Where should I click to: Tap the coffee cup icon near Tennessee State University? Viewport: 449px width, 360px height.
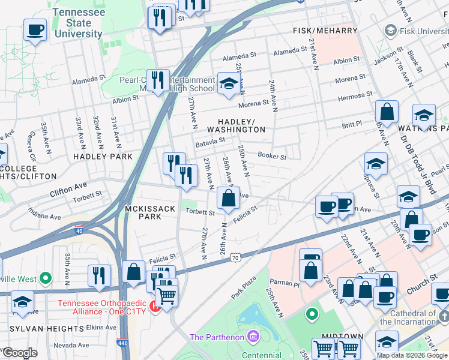35,29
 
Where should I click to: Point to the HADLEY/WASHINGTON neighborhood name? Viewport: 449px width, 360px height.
236,125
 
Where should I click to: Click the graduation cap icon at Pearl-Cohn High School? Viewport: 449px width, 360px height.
228,83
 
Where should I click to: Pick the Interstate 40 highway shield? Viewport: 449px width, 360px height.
79,229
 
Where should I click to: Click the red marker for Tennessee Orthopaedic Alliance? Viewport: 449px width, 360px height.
155,308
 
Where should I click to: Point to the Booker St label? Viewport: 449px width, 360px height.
272,156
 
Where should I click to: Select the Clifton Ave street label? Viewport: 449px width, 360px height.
68,185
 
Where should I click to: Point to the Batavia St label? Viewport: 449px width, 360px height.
209,144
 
